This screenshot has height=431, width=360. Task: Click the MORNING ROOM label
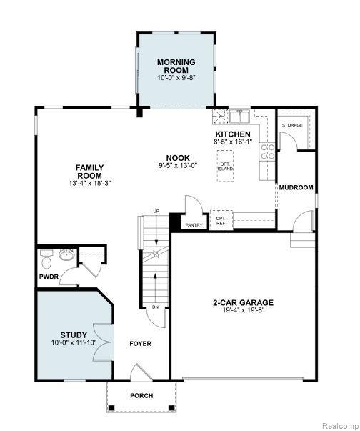(176, 66)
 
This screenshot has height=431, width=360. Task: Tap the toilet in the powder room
(46, 259)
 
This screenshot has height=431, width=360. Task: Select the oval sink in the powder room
(66, 254)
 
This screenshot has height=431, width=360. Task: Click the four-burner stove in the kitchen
(267, 152)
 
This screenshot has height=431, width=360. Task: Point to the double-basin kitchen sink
(240, 116)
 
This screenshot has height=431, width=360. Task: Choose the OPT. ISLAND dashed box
(226, 166)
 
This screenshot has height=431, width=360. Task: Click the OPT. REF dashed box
(221, 220)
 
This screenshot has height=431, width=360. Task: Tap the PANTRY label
(194, 225)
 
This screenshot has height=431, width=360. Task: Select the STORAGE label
(292, 125)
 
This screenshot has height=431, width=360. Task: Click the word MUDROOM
(296, 187)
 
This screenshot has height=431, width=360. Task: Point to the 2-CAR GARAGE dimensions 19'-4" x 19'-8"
(244, 310)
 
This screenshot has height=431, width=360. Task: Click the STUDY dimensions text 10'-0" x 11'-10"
(74, 342)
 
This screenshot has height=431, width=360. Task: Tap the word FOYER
(140, 344)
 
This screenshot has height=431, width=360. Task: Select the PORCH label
(141, 395)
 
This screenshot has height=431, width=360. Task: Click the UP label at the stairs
(156, 211)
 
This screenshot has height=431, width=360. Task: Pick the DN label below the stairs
(155, 307)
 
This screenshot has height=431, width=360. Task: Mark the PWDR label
(49, 277)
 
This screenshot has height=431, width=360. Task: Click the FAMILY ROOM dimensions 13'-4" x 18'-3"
(89, 183)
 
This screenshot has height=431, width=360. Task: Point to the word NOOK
(178, 158)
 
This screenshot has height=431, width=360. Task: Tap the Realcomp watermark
(340, 426)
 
